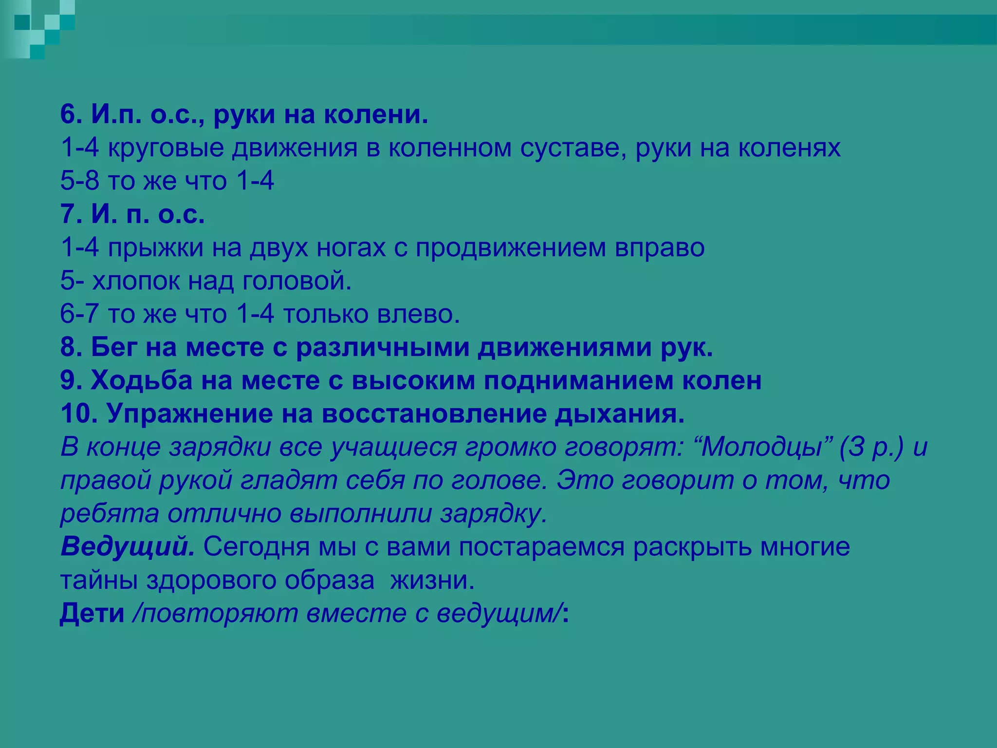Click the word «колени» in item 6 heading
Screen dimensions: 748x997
coord(376,115)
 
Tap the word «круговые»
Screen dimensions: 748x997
coord(165,148)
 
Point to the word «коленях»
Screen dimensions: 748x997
coord(789,148)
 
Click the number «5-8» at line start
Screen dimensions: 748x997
coord(79,181)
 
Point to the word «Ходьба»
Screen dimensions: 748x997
coord(142,381)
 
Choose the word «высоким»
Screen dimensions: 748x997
coord(413,381)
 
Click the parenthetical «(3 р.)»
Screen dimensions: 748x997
coord(871,447)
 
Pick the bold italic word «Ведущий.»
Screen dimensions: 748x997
coord(128,547)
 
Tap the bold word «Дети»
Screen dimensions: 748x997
coord(92,614)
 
